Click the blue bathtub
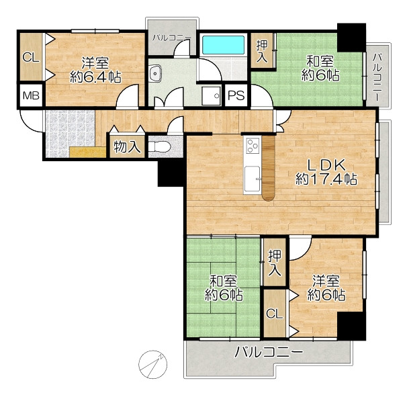223,45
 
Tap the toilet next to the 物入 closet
160,147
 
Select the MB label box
31,96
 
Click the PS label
236,95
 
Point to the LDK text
326,165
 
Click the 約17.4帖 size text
326,179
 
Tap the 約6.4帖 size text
95,77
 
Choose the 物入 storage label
127,147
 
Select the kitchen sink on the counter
252,179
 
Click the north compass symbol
152,365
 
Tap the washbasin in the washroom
155,73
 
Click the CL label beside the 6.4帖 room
31,57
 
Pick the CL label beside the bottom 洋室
275,314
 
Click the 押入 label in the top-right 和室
262,52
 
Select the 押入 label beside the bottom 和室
275,263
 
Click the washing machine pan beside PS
212,96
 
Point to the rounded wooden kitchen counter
269,169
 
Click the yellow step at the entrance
87,152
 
